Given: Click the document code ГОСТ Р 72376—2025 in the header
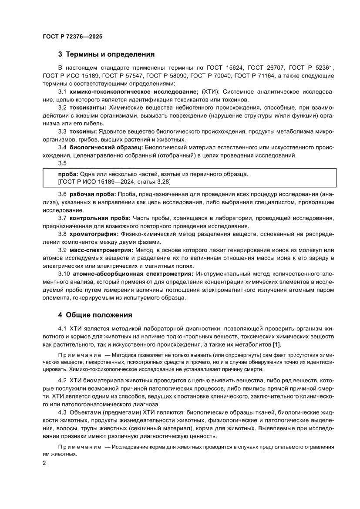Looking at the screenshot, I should tap(73, 37).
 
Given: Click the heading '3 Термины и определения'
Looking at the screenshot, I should tap(107, 55).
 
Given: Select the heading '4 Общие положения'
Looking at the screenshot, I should tap(95, 315).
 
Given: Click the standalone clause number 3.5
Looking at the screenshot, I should tap(62, 163).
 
